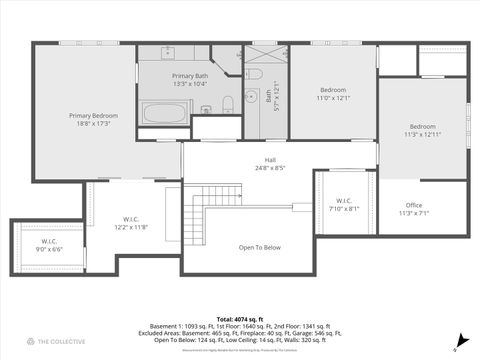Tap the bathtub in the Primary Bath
pos(163,110)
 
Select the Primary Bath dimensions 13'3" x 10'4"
pos(189,84)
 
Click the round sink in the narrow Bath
pos(254,75)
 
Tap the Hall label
pos(269,160)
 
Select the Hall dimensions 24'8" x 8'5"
pos(269,168)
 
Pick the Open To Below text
pos(259,247)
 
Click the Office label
pos(413,205)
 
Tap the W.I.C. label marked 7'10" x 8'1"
pos(342,200)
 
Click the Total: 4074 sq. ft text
pos(239,318)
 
